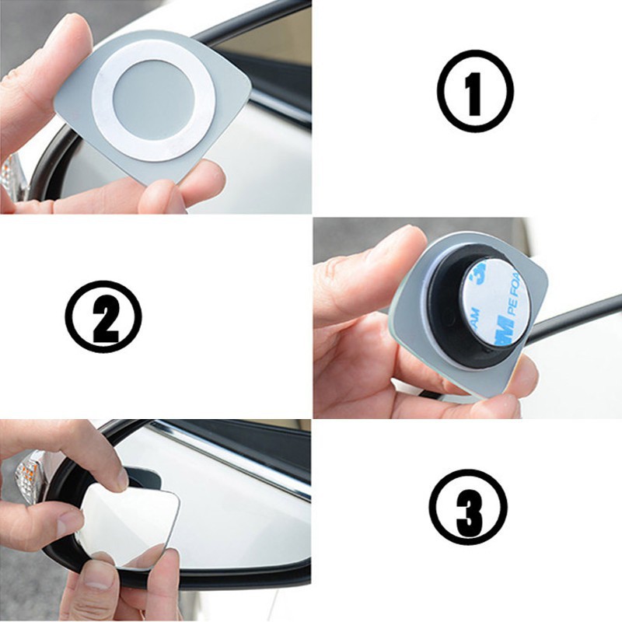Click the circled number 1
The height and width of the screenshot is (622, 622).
[475, 91]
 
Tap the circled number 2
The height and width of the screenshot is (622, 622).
[103, 317]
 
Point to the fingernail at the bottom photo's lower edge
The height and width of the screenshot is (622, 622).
[96, 580]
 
